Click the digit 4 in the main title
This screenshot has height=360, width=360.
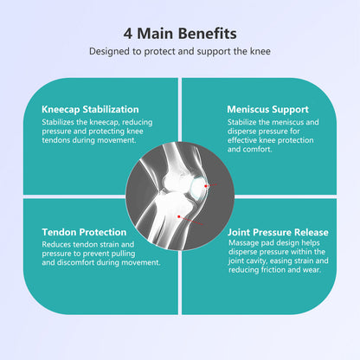coord(128,34)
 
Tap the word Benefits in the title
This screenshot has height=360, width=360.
coord(207,34)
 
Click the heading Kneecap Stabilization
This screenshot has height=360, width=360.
coord(90,109)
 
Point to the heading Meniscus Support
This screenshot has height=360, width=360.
coord(267,109)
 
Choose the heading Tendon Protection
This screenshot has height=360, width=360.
coord(84,232)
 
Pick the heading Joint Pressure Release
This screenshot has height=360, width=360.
coord(278,232)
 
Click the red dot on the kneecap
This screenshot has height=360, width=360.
coord(206,186)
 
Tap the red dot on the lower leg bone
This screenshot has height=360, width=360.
coord(179,216)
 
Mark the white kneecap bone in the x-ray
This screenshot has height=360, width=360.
coord(197,187)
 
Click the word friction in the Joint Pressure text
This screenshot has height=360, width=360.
coord(273,270)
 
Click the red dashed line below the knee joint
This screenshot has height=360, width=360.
coord(191,221)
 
